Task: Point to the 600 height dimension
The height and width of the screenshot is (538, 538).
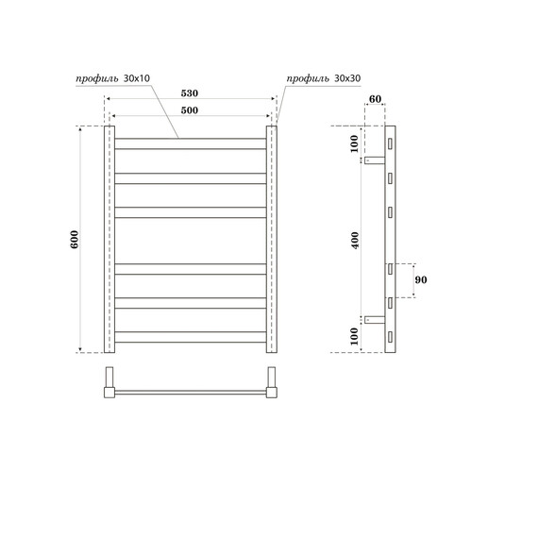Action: click(76, 240)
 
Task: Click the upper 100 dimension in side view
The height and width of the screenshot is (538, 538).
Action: click(354, 143)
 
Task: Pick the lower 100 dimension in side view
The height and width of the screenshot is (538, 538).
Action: click(354, 335)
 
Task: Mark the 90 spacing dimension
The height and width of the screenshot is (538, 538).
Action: click(420, 280)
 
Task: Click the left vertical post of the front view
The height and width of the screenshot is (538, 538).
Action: click(109, 239)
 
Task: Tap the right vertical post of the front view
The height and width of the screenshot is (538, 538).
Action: click(272, 239)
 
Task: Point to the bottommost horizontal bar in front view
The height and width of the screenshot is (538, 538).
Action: click(190, 336)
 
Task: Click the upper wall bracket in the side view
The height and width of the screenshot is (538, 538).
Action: click(376, 158)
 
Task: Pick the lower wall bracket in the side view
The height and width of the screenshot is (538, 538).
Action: click(376, 321)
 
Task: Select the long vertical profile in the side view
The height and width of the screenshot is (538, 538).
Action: click(389, 239)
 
